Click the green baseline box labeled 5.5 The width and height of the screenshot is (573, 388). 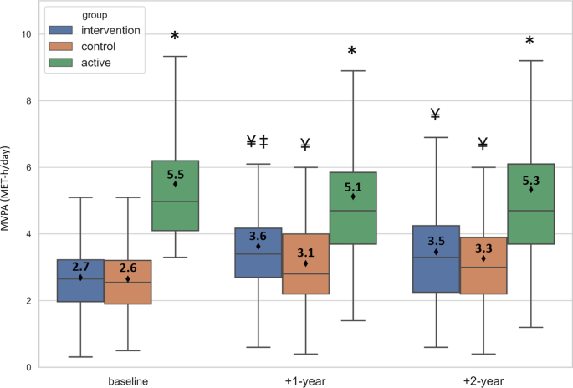[x=175, y=195]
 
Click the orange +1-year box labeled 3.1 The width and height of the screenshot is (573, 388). [x=305, y=263]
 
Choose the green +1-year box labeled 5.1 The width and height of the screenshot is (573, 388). [x=353, y=208]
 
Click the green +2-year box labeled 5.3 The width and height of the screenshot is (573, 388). [x=531, y=204]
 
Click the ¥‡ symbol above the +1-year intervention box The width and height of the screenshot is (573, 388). [x=258, y=142]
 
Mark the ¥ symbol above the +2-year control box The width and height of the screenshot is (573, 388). [x=483, y=145]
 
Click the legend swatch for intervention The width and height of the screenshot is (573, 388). [x=59, y=31]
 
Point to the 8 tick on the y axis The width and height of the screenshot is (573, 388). [x=28, y=100]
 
